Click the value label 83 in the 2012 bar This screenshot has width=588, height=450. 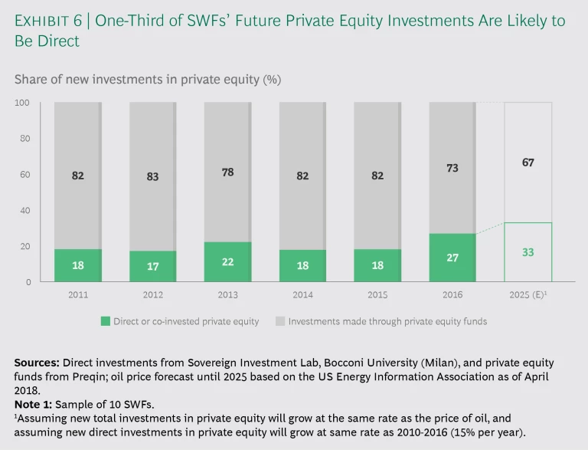[x=152, y=176]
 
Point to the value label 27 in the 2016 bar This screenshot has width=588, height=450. [x=452, y=258]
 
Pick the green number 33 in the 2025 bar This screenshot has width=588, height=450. [x=528, y=251]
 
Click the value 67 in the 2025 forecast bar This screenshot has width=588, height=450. [x=528, y=163]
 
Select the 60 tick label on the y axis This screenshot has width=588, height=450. [x=24, y=175]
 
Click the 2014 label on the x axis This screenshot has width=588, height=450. [x=302, y=294]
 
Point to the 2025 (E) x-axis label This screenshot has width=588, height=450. [x=528, y=294]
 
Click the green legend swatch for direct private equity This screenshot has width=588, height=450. [x=105, y=321]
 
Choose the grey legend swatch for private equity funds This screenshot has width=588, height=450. [x=280, y=321]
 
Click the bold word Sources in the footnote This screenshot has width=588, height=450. [x=36, y=362]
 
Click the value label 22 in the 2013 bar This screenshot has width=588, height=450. [x=227, y=261]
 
